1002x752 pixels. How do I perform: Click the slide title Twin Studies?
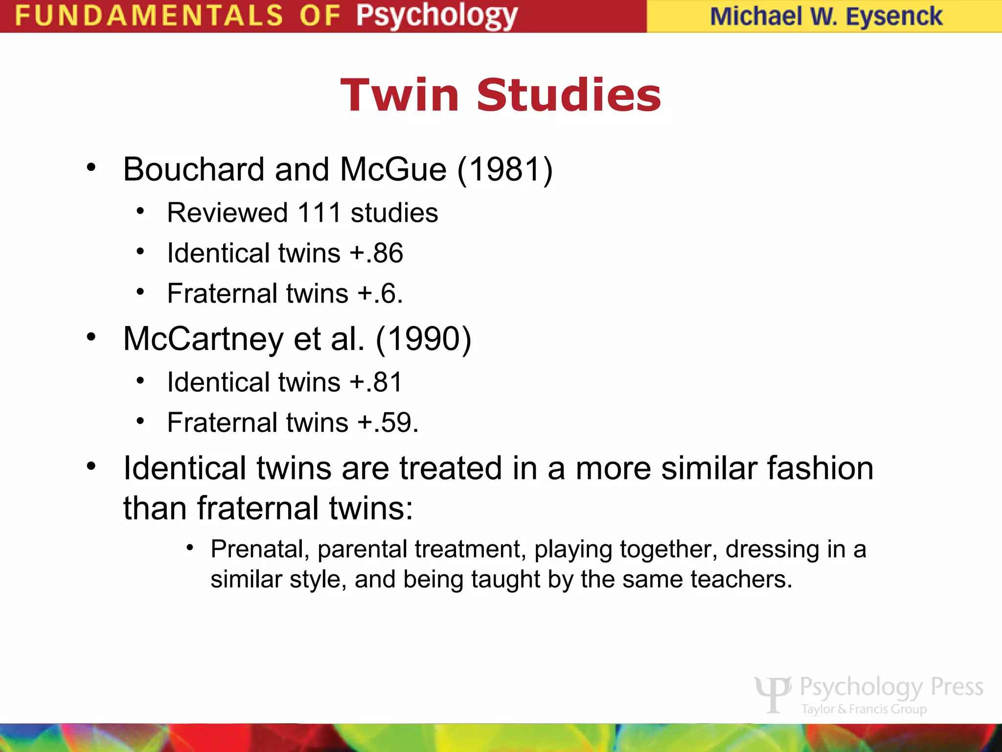click(x=501, y=95)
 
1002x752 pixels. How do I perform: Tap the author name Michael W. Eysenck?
click(x=826, y=17)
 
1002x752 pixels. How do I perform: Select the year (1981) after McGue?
click(x=505, y=170)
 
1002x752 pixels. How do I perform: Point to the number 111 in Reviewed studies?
click(x=319, y=213)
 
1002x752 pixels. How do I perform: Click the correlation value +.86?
click(x=376, y=253)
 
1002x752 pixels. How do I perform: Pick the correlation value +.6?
click(x=380, y=294)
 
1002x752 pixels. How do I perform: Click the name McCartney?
click(x=203, y=339)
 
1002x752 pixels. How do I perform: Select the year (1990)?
click(x=423, y=339)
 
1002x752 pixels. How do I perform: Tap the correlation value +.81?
click(x=376, y=382)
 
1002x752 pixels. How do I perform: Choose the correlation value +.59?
click(x=388, y=423)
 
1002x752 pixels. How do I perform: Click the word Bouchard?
click(x=194, y=170)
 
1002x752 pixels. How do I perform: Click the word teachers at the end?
click(x=741, y=580)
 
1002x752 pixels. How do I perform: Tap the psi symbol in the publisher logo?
click(x=773, y=693)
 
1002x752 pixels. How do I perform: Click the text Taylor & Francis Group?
click(x=864, y=709)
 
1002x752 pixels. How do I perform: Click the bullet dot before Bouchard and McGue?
click(x=91, y=168)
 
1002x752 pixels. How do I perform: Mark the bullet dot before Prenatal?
click(x=190, y=547)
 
